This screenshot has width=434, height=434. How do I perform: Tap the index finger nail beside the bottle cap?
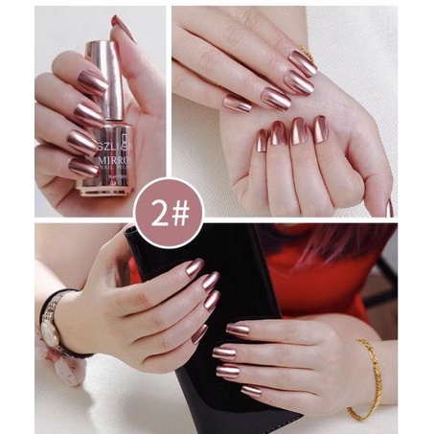[92, 82]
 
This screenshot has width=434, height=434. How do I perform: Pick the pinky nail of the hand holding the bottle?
[82, 167]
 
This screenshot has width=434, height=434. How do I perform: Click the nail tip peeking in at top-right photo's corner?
[389, 208]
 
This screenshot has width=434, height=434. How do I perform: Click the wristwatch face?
[49, 331]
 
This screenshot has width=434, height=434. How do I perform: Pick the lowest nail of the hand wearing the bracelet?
[251, 391]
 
